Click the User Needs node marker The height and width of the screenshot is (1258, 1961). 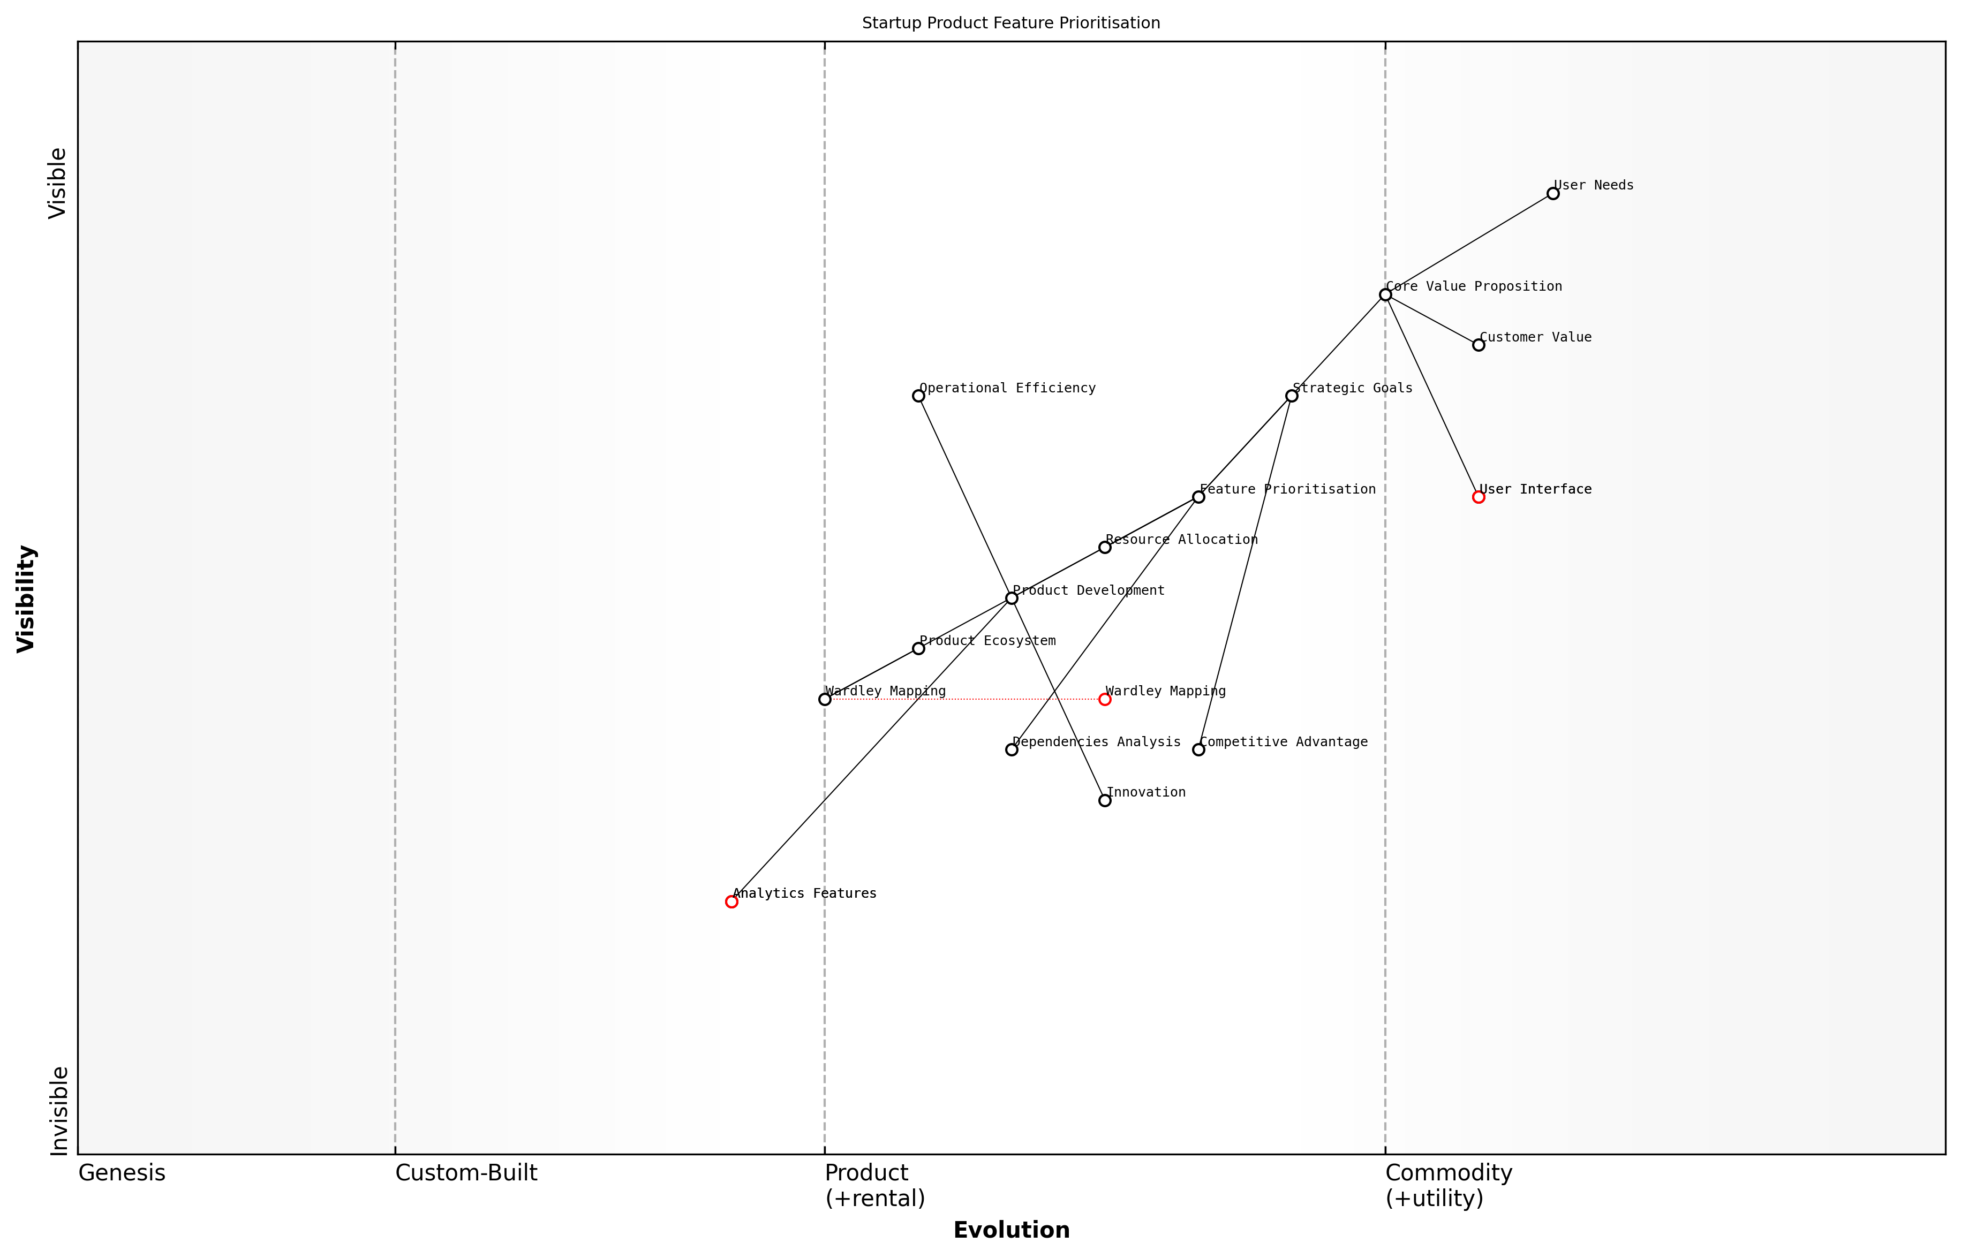point(1552,194)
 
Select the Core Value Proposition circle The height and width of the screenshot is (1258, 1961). point(1385,295)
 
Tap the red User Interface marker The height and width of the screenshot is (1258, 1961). point(1478,497)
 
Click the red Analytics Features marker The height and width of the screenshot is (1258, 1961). point(731,902)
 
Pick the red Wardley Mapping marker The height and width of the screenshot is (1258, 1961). point(1105,699)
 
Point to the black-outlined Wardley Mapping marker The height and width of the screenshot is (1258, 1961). point(825,699)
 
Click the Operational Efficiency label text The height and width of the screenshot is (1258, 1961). point(1007,388)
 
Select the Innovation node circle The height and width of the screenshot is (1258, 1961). point(1105,800)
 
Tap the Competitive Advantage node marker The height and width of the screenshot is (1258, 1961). point(1198,750)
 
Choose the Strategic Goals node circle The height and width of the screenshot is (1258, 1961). point(1291,396)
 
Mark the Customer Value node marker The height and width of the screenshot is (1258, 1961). point(1478,345)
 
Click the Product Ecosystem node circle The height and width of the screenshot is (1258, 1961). point(918,649)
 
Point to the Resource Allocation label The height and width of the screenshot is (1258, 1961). point(1181,539)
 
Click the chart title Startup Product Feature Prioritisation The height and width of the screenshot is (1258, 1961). point(1010,23)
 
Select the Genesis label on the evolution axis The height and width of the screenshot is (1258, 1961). point(122,1173)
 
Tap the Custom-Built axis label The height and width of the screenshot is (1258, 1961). point(466,1173)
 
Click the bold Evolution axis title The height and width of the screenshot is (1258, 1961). point(1010,1230)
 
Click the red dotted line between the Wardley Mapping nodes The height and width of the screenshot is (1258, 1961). point(964,699)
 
